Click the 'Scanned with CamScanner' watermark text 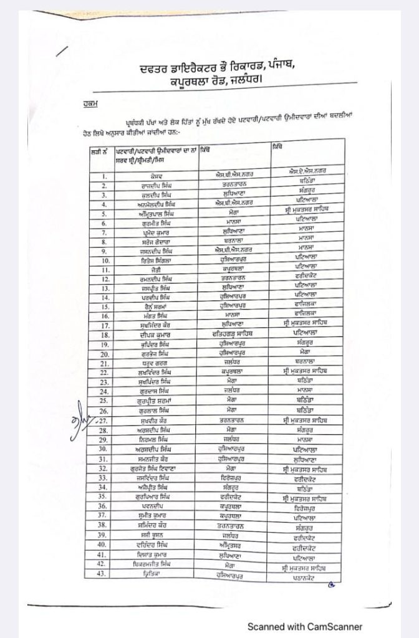coord(305,627)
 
